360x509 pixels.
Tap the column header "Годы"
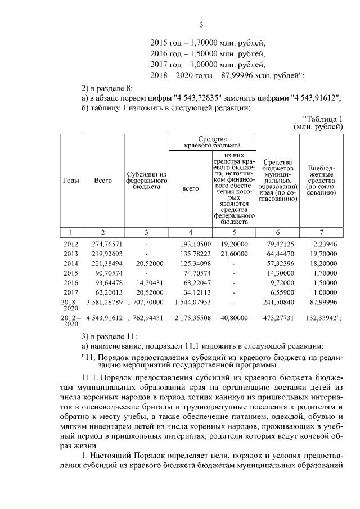click(x=70, y=181)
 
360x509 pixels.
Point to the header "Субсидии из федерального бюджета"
click(x=146, y=181)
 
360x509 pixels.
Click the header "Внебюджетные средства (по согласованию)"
click(x=322, y=181)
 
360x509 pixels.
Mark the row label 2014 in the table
click(x=70, y=263)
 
